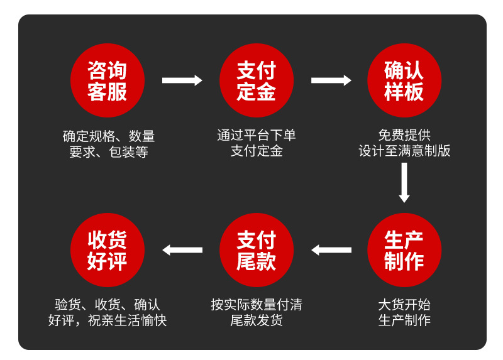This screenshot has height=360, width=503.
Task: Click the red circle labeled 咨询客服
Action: pyautogui.click(x=108, y=80)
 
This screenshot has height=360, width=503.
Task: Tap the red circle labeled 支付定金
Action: pyautogui.click(x=257, y=80)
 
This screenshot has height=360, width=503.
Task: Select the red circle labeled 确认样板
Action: pyautogui.click(x=404, y=80)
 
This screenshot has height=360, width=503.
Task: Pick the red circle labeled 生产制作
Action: pyautogui.click(x=404, y=250)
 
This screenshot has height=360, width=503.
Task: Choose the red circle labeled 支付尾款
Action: pyautogui.click(x=257, y=250)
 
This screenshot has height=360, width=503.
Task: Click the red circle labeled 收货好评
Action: pyautogui.click(x=108, y=250)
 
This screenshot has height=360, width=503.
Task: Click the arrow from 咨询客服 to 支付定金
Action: pyautogui.click(x=182, y=80)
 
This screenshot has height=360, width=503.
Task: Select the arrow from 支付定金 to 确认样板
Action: pyautogui.click(x=331, y=80)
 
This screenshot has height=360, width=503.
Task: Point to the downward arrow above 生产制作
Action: pyautogui.click(x=404, y=182)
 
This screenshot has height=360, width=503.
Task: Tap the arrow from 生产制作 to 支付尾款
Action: pyautogui.click(x=331, y=250)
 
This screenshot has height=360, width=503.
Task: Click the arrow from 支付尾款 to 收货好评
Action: pyautogui.click(x=182, y=250)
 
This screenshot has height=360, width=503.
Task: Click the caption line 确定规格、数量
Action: pyautogui.click(x=108, y=136)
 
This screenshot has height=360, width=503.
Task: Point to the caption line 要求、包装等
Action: pyautogui.click(x=108, y=152)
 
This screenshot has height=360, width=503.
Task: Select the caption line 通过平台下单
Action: pyautogui.click(x=257, y=135)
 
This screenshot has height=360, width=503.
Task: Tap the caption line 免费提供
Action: pyautogui.click(x=404, y=135)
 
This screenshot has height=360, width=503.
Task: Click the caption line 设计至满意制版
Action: pyautogui.click(x=404, y=151)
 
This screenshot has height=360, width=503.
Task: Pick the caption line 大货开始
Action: pyautogui.click(x=404, y=305)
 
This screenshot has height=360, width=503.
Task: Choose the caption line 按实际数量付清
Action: pyautogui.click(x=257, y=305)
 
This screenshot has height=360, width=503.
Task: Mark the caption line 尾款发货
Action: pyautogui.click(x=257, y=320)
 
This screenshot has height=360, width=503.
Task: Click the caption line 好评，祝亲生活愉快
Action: pyautogui.click(x=108, y=320)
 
